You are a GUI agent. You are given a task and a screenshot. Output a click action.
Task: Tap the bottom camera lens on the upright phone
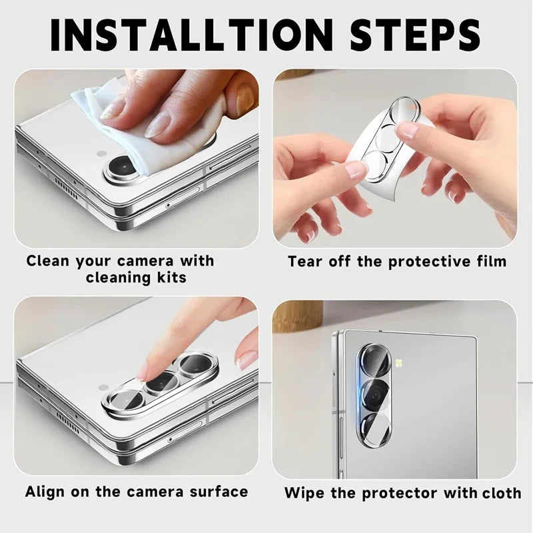[374, 428]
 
